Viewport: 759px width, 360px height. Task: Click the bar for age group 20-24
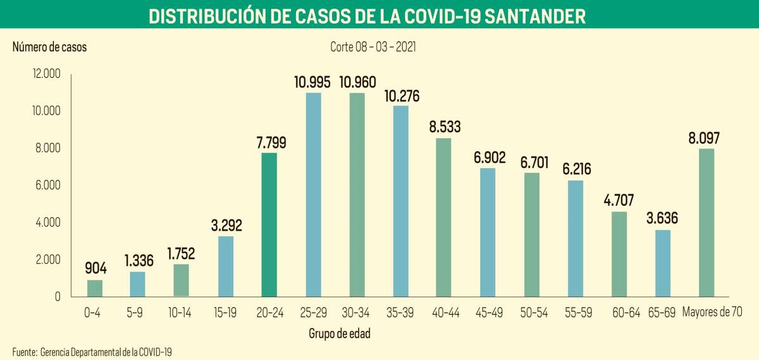[269, 225]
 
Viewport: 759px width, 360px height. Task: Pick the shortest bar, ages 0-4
[95, 289]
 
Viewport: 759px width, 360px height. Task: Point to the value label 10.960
[357, 82]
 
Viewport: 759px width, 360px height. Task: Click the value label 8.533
[444, 127]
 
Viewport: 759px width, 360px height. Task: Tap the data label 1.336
[138, 261]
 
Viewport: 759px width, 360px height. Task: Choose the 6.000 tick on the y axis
[47, 185]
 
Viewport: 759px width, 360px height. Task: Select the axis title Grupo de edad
[340, 333]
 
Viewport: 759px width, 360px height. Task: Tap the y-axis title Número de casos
[50, 47]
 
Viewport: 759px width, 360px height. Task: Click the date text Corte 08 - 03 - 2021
[373, 47]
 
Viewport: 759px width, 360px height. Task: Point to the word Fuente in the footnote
[23, 351]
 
